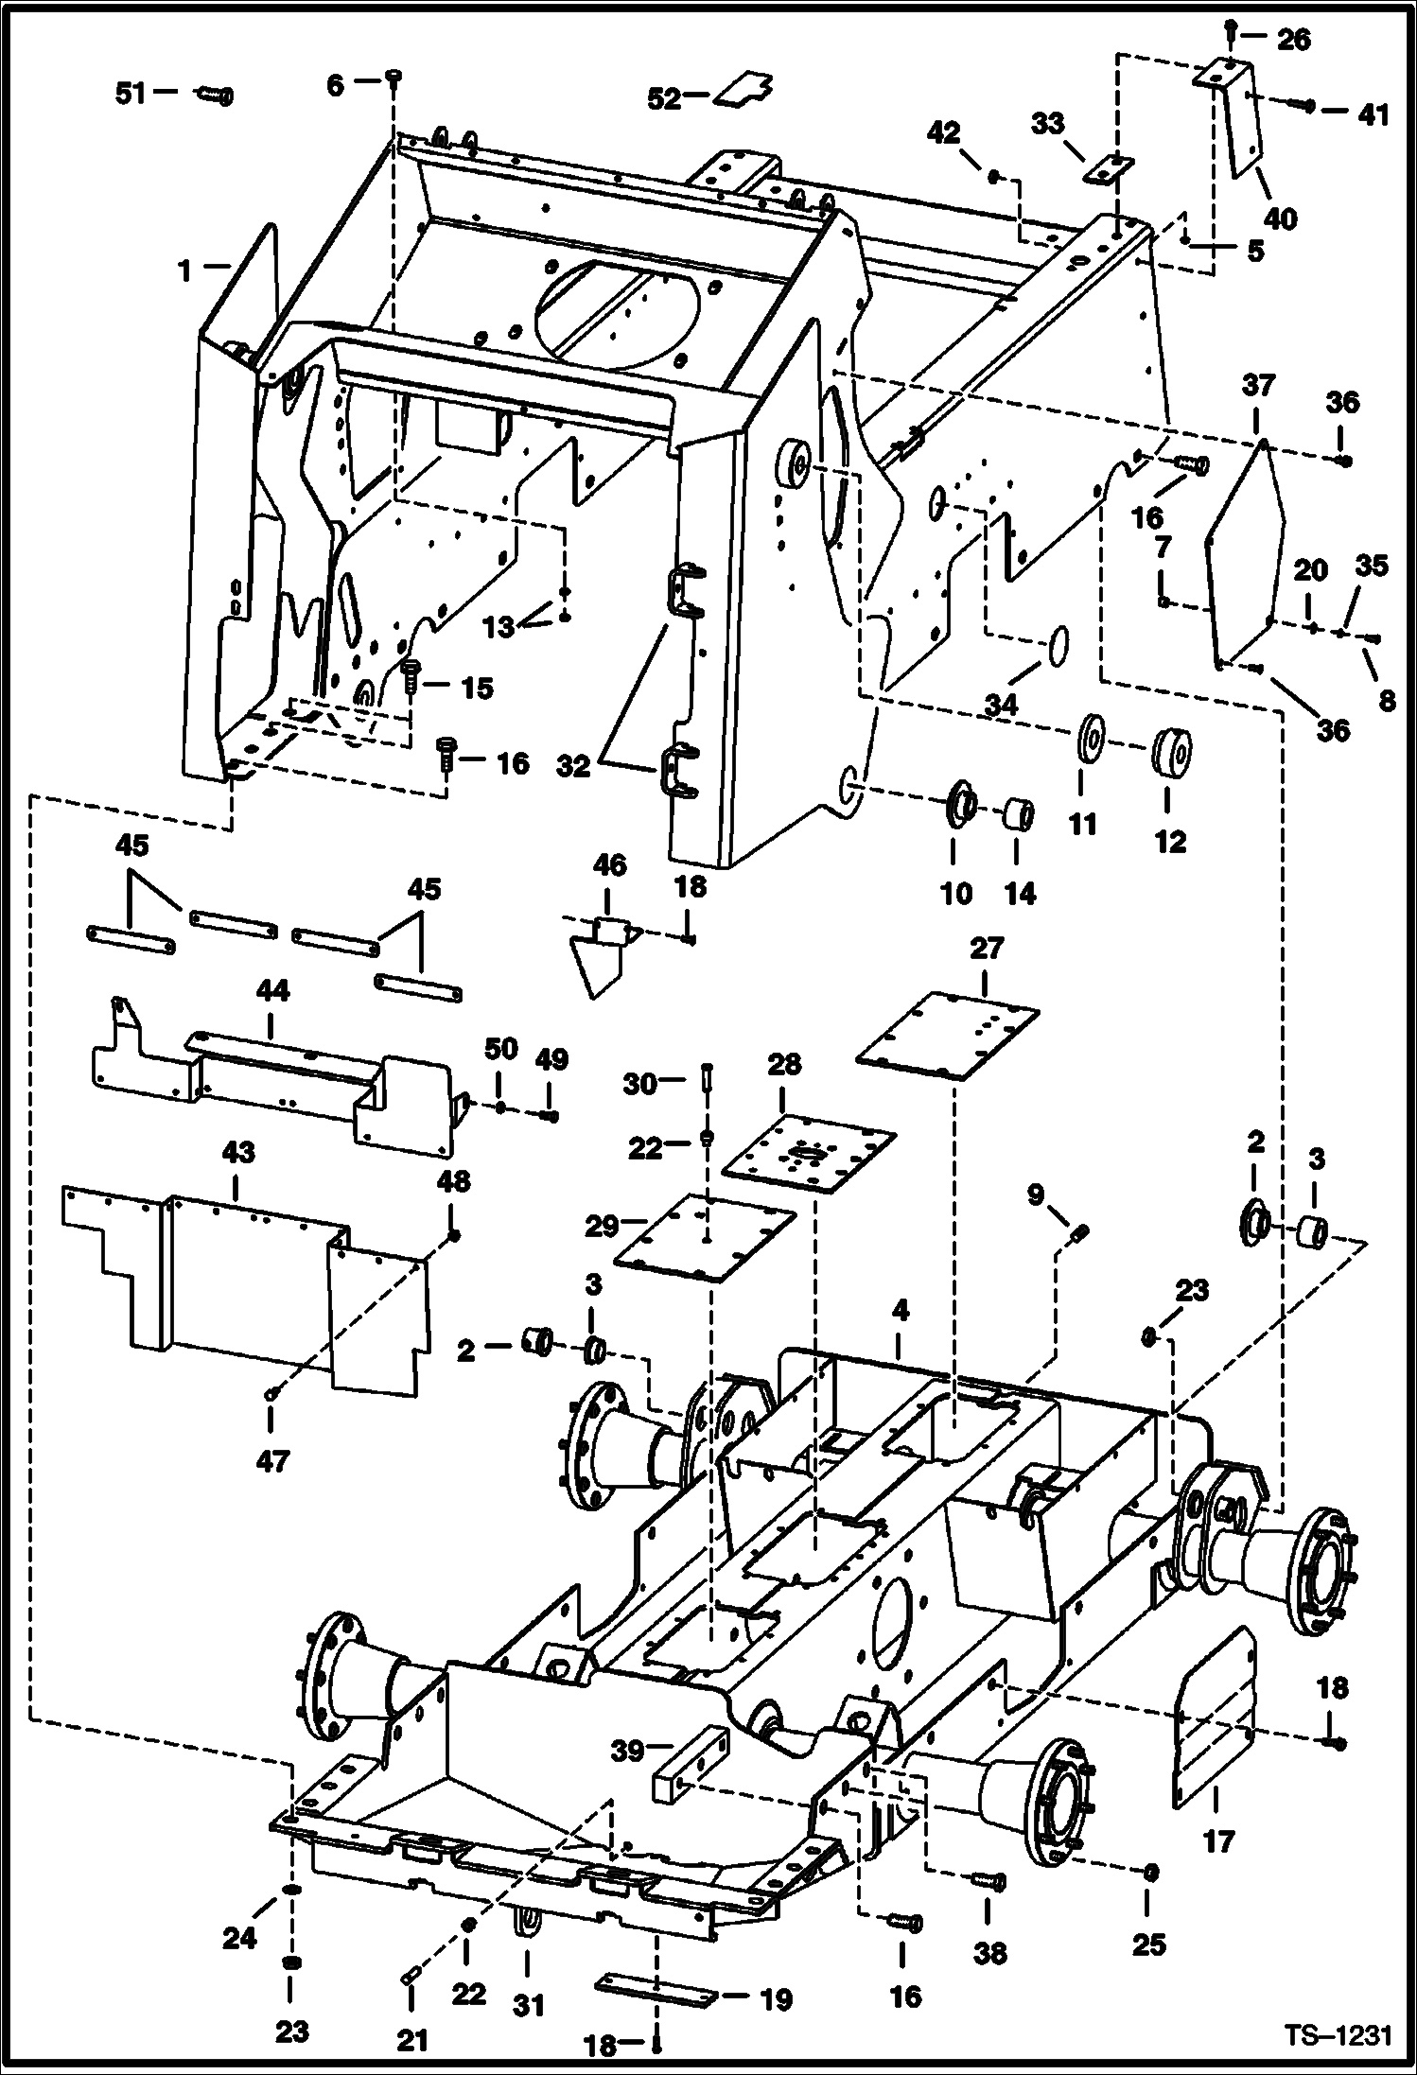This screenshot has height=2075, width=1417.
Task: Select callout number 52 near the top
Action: pyautogui.click(x=664, y=98)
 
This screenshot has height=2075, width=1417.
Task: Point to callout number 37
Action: pyautogui.click(x=1258, y=386)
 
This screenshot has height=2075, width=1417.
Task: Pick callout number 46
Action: pyautogui.click(x=609, y=865)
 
